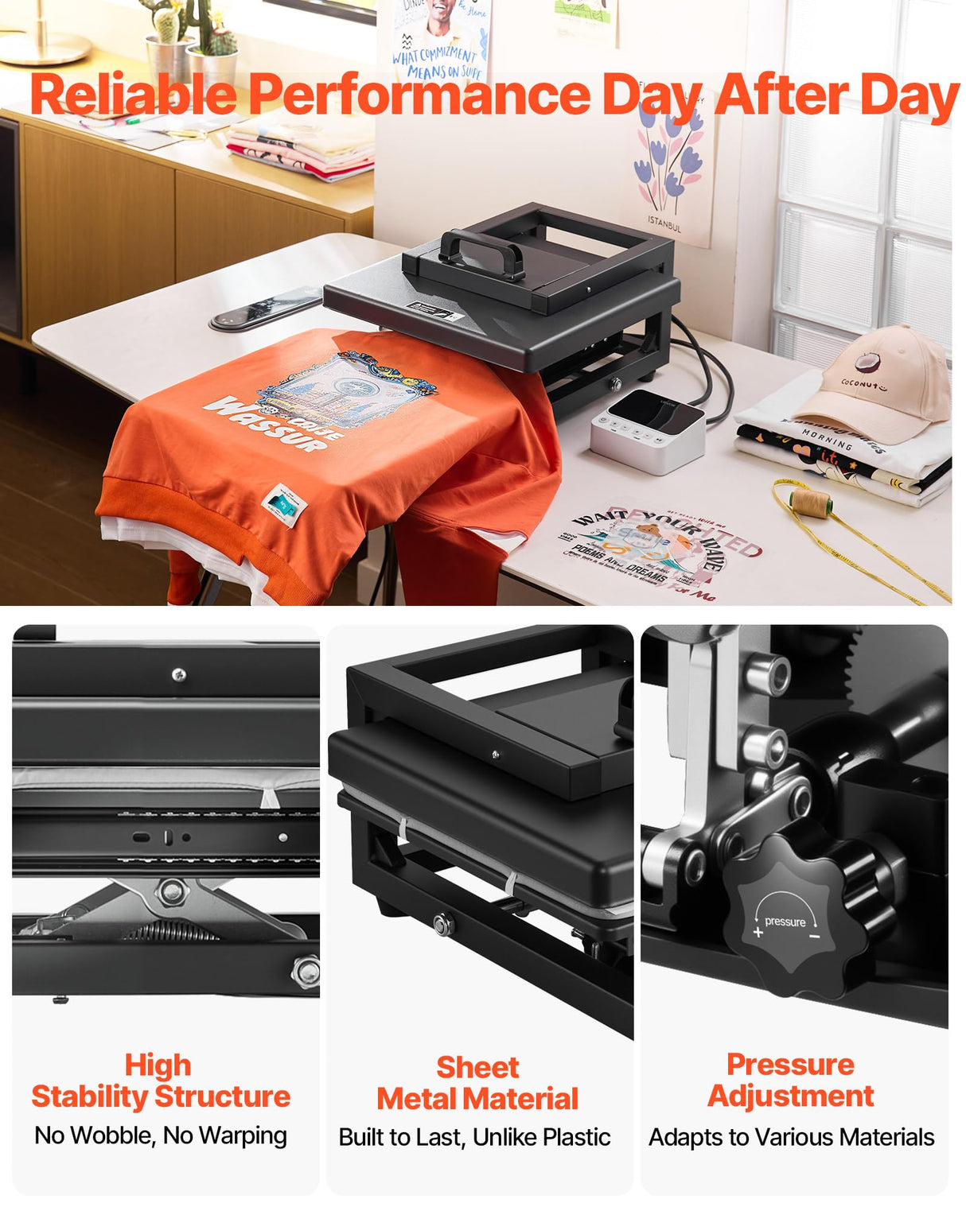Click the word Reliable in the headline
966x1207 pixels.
coord(133,95)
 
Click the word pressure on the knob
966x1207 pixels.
coord(785,922)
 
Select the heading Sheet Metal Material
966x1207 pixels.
coord(477,1083)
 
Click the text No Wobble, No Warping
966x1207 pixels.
coord(161,1135)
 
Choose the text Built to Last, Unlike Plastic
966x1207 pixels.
coord(475,1137)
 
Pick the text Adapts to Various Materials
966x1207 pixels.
coord(791,1137)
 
